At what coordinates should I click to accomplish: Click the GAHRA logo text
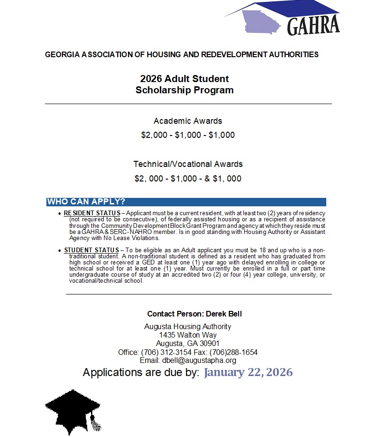pyautogui.click(x=313, y=27)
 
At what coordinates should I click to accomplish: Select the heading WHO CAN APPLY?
pyautogui.click(x=86, y=202)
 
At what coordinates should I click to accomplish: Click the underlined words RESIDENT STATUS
pyautogui.click(x=92, y=213)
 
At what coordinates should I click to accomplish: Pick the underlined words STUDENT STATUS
pyautogui.click(x=91, y=250)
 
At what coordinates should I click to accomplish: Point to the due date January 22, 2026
pyautogui.click(x=248, y=373)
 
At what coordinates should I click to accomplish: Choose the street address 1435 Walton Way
pyautogui.click(x=188, y=335)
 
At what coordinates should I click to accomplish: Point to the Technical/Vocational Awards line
pyautogui.click(x=188, y=164)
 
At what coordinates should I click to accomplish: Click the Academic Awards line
pyautogui.click(x=188, y=121)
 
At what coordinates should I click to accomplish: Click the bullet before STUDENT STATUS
pyautogui.click(x=59, y=251)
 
